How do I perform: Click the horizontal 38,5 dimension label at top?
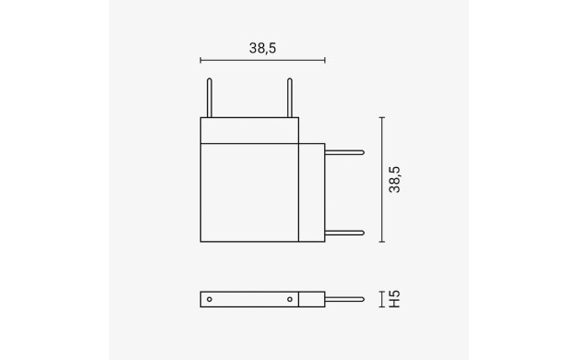pyautogui.click(x=262, y=48)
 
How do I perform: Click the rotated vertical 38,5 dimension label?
pyautogui.click(x=394, y=179)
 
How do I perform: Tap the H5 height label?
pyautogui.click(x=394, y=299)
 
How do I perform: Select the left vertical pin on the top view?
pyautogui.click(x=210, y=98)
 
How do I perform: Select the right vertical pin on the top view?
pyautogui.click(x=290, y=98)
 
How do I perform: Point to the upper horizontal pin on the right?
pyautogui.click(x=344, y=152)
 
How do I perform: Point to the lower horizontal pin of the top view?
pyautogui.click(x=344, y=233)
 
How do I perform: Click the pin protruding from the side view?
pyautogui.click(x=344, y=299)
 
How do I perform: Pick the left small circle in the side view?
pyautogui.click(x=210, y=299)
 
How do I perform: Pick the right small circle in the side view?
pyautogui.click(x=290, y=299)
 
